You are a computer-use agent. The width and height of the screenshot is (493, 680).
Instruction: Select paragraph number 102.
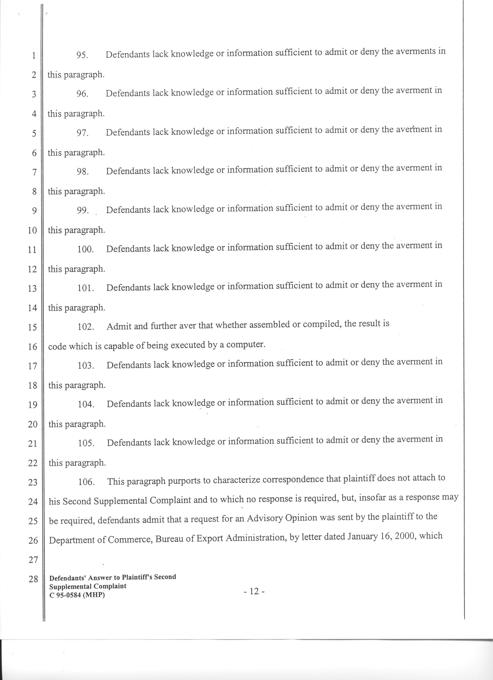tap(86, 326)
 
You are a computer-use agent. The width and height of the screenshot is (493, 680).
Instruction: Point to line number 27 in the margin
tap(33, 559)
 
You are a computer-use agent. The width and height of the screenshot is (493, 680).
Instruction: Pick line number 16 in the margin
tap(32, 347)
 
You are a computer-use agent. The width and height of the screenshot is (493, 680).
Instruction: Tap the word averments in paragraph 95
tap(415, 51)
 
